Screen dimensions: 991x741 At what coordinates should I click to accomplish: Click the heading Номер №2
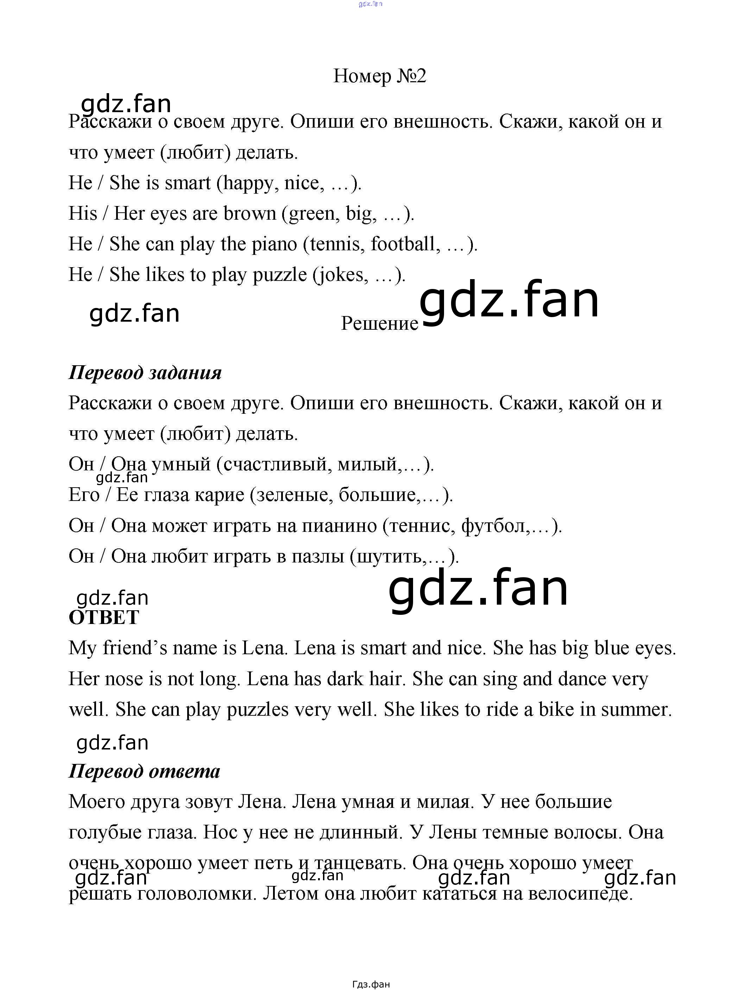379,76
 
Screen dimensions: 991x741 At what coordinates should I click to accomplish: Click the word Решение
379,323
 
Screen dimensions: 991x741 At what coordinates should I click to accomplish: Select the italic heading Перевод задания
145,373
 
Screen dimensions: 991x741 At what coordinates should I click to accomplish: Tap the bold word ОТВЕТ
104,617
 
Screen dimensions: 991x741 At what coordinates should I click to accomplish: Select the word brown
250,214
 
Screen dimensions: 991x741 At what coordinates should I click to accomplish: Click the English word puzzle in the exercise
280,275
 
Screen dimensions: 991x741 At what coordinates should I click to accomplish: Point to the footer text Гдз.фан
371,984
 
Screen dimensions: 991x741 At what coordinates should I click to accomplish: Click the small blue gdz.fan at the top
370,4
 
